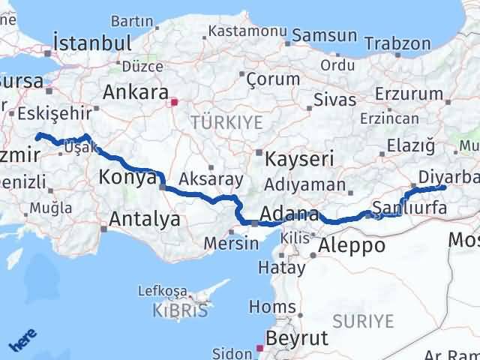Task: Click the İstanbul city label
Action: pos(92,42)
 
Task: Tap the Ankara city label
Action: pos(135,93)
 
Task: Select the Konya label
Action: pos(127,178)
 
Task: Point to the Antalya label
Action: pos(145,219)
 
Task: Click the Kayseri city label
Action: pos(298,160)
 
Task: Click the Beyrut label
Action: pos(297,337)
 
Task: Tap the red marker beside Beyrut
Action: pos(259,348)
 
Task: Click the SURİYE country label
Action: pos(364,321)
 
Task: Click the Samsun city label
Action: pos(324,35)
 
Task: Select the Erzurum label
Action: pos(409,94)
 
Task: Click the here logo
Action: pos(22,342)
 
